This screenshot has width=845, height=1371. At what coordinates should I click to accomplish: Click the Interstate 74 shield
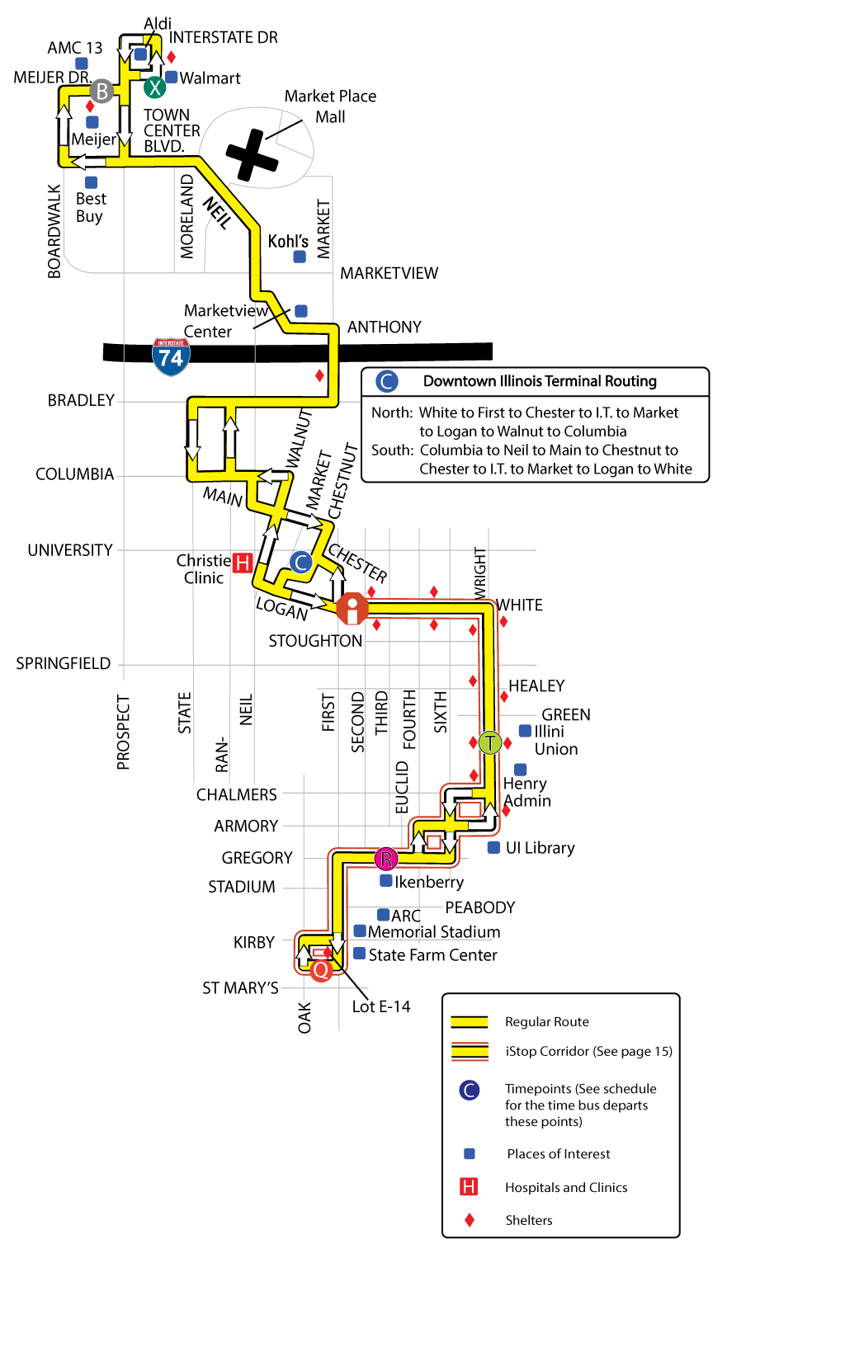point(171,356)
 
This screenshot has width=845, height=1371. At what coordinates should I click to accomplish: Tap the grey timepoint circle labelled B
point(101,91)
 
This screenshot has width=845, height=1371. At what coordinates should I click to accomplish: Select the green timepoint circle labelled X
point(154,87)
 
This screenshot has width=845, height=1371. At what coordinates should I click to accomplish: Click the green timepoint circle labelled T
point(489,742)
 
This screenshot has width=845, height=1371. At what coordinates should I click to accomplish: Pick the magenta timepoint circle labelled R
point(385,859)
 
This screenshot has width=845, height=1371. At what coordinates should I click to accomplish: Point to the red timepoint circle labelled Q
point(321,969)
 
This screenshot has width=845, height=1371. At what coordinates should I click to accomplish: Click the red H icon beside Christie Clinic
point(242,563)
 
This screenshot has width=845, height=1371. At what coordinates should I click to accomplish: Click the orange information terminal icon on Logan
point(352,609)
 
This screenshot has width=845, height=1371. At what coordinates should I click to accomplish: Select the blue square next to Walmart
point(172,77)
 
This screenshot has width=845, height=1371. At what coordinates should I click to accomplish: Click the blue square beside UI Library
point(493,847)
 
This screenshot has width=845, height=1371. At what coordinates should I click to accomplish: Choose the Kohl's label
point(288,241)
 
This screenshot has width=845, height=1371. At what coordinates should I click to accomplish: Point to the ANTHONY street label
point(384,327)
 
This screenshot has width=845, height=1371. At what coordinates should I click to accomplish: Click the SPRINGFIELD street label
point(64,663)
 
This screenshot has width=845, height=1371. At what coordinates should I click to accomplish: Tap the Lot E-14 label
point(380,1006)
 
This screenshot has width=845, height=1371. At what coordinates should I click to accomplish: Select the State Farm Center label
point(432,954)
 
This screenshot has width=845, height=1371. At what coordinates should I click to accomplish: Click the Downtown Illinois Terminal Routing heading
point(540,381)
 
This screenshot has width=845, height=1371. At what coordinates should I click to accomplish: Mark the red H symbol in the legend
point(469,1187)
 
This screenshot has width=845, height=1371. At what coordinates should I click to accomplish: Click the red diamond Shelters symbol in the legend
point(469,1220)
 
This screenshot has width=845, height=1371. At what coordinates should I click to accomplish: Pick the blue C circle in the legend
point(469,1091)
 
